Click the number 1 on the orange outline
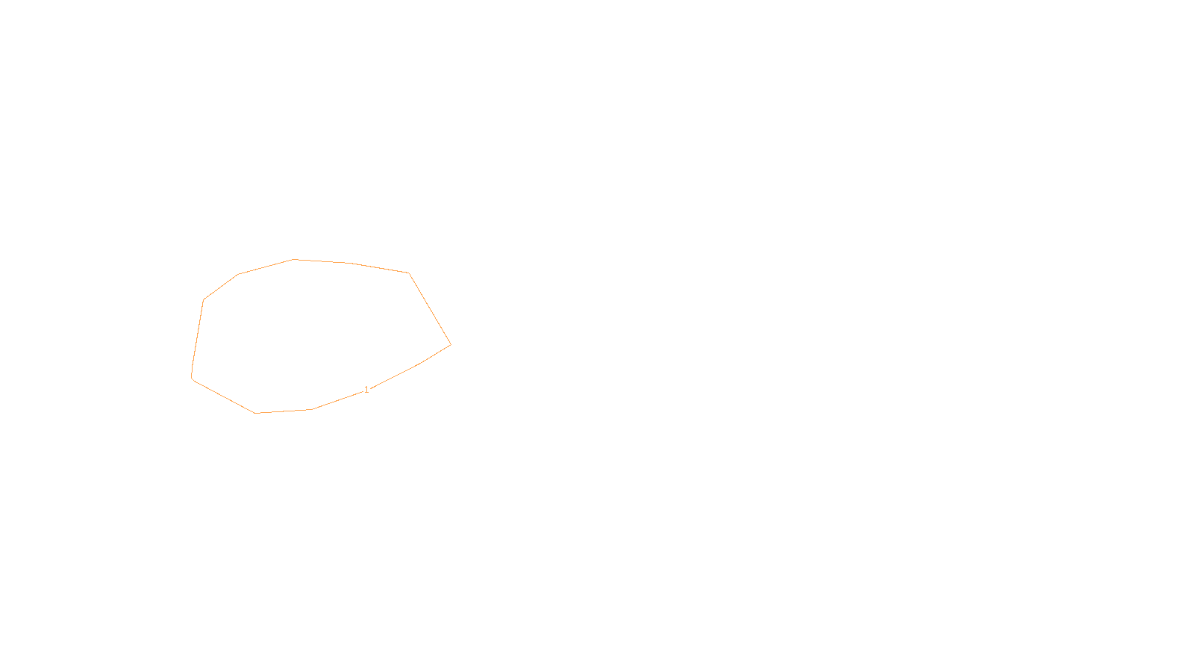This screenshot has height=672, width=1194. point(366,390)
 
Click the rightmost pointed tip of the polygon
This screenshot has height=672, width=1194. point(451,344)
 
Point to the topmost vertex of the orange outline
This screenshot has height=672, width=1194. point(293,259)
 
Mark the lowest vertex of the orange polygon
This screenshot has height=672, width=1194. point(255,413)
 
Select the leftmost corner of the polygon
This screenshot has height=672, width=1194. point(192,378)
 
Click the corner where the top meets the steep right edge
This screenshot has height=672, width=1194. point(409,273)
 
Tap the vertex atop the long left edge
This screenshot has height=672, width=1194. point(204,300)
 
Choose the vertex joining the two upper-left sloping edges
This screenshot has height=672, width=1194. point(238,274)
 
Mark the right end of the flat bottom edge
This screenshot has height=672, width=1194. point(312,409)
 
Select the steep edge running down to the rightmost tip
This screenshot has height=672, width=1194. point(430,308)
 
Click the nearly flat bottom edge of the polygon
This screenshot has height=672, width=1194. point(284,411)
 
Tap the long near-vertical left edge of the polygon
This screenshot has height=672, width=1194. point(198,337)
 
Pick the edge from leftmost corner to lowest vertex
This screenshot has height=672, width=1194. point(224,396)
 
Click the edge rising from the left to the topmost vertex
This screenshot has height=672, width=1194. point(266,267)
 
